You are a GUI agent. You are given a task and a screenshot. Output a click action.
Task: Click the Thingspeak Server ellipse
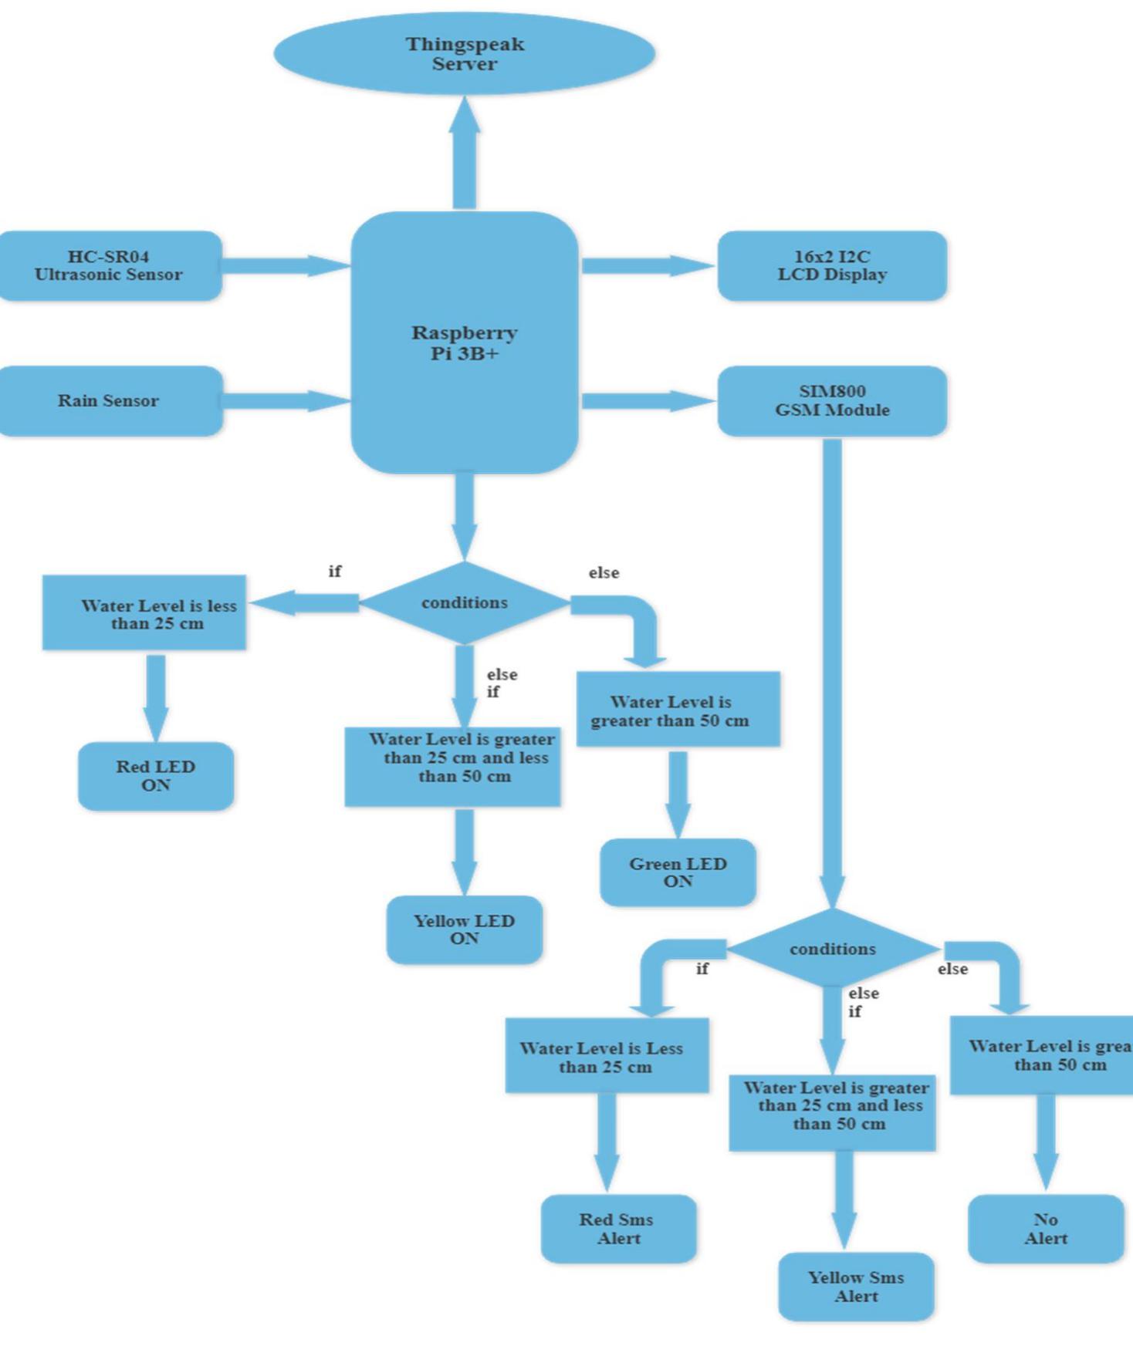pyautogui.click(x=465, y=54)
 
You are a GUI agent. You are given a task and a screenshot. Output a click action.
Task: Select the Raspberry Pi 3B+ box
pyautogui.click(x=465, y=342)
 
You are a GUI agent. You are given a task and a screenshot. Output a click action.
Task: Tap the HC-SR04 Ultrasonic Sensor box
pyautogui.click(x=109, y=265)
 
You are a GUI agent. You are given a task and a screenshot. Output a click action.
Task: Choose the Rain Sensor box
pyautogui.click(x=109, y=400)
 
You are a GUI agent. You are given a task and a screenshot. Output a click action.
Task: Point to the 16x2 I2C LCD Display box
pyautogui.click(x=832, y=265)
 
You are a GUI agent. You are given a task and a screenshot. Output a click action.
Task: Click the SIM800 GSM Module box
pyautogui.click(x=832, y=400)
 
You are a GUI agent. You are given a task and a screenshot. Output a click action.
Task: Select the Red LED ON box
pyautogui.click(x=156, y=776)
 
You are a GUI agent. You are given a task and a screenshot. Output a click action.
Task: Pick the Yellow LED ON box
pyautogui.click(x=465, y=929)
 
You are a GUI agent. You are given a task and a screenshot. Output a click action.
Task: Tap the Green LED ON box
pyautogui.click(x=678, y=872)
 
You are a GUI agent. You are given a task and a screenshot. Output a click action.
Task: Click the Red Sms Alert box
pyautogui.click(x=617, y=1229)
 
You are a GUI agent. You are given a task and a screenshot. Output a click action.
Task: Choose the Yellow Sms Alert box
pyautogui.click(x=856, y=1287)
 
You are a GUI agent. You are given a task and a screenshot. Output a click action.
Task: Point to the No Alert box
pyautogui.click(x=1046, y=1229)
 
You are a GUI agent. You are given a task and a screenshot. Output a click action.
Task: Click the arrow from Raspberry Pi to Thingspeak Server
pyautogui.click(x=465, y=154)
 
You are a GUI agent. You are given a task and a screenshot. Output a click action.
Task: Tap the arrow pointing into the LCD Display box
pyautogui.click(x=648, y=265)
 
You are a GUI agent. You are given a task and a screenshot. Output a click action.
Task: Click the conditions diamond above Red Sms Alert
pyautogui.click(x=832, y=949)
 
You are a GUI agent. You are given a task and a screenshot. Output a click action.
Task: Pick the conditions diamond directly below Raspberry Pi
pyautogui.click(x=465, y=602)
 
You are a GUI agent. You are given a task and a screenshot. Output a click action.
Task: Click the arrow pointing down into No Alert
pyautogui.click(x=1046, y=1142)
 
